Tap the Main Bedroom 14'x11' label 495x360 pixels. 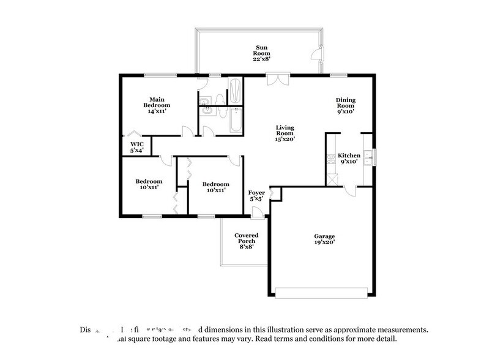click(156, 105)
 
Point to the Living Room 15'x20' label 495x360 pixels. click(285, 133)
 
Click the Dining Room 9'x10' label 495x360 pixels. click(345, 105)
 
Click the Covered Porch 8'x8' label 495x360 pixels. click(247, 241)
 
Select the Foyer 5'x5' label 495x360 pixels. click(256, 195)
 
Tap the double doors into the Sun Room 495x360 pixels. click(277, 79)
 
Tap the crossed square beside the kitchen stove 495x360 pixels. click(332, 179)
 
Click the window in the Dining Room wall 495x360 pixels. click(338, 74)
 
